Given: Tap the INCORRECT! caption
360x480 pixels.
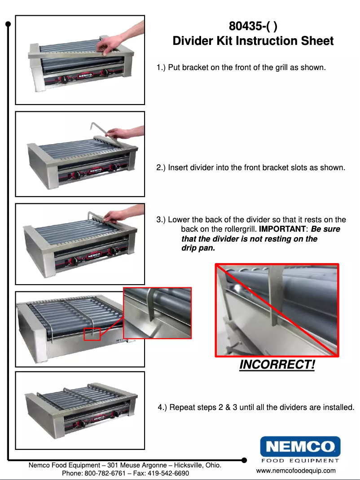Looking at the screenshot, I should click(277, 365).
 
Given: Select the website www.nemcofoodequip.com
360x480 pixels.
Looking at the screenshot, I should click(296, 471).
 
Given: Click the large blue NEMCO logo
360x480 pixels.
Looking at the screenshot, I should click(300, 446).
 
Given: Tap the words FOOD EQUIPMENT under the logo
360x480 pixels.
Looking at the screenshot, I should click(300, 460).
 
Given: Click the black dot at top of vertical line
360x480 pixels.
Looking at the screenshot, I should click(8, 24).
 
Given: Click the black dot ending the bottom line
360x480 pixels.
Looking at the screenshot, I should click(244, 460).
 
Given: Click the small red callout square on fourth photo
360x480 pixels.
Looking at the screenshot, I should click(92, 334).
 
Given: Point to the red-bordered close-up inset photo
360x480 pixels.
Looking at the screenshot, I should click(158, 313).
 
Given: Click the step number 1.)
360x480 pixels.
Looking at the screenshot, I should click(161, 68).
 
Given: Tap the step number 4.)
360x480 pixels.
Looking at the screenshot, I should click(162, 408).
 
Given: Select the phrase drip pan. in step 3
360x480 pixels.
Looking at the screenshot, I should click(198, 248).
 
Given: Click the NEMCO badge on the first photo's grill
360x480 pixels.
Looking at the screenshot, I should click(86, 77).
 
